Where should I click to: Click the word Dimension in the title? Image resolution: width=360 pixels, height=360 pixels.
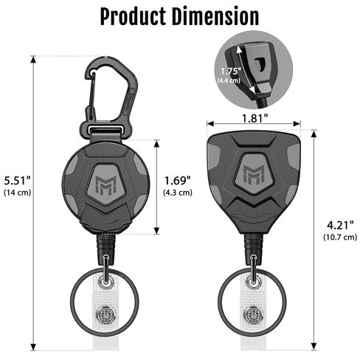click(x=215, y=16)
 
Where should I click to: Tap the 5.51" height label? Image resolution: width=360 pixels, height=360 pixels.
click(x=17, y=181)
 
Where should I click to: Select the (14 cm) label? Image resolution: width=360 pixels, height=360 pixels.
click(x=18, y=193)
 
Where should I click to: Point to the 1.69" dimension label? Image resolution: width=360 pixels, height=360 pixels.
click(x=178, y=181)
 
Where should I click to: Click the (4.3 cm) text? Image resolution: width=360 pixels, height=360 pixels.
click(x=178, y=193)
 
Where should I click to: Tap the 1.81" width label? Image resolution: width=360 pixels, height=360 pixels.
click(x=255, y=118)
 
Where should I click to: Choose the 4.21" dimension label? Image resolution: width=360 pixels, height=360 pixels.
click(x=340, y=225)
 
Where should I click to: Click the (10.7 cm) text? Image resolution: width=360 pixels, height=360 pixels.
click(x=340, y=238)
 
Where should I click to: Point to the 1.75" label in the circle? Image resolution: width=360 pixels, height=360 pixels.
click(x=230, y=72)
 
